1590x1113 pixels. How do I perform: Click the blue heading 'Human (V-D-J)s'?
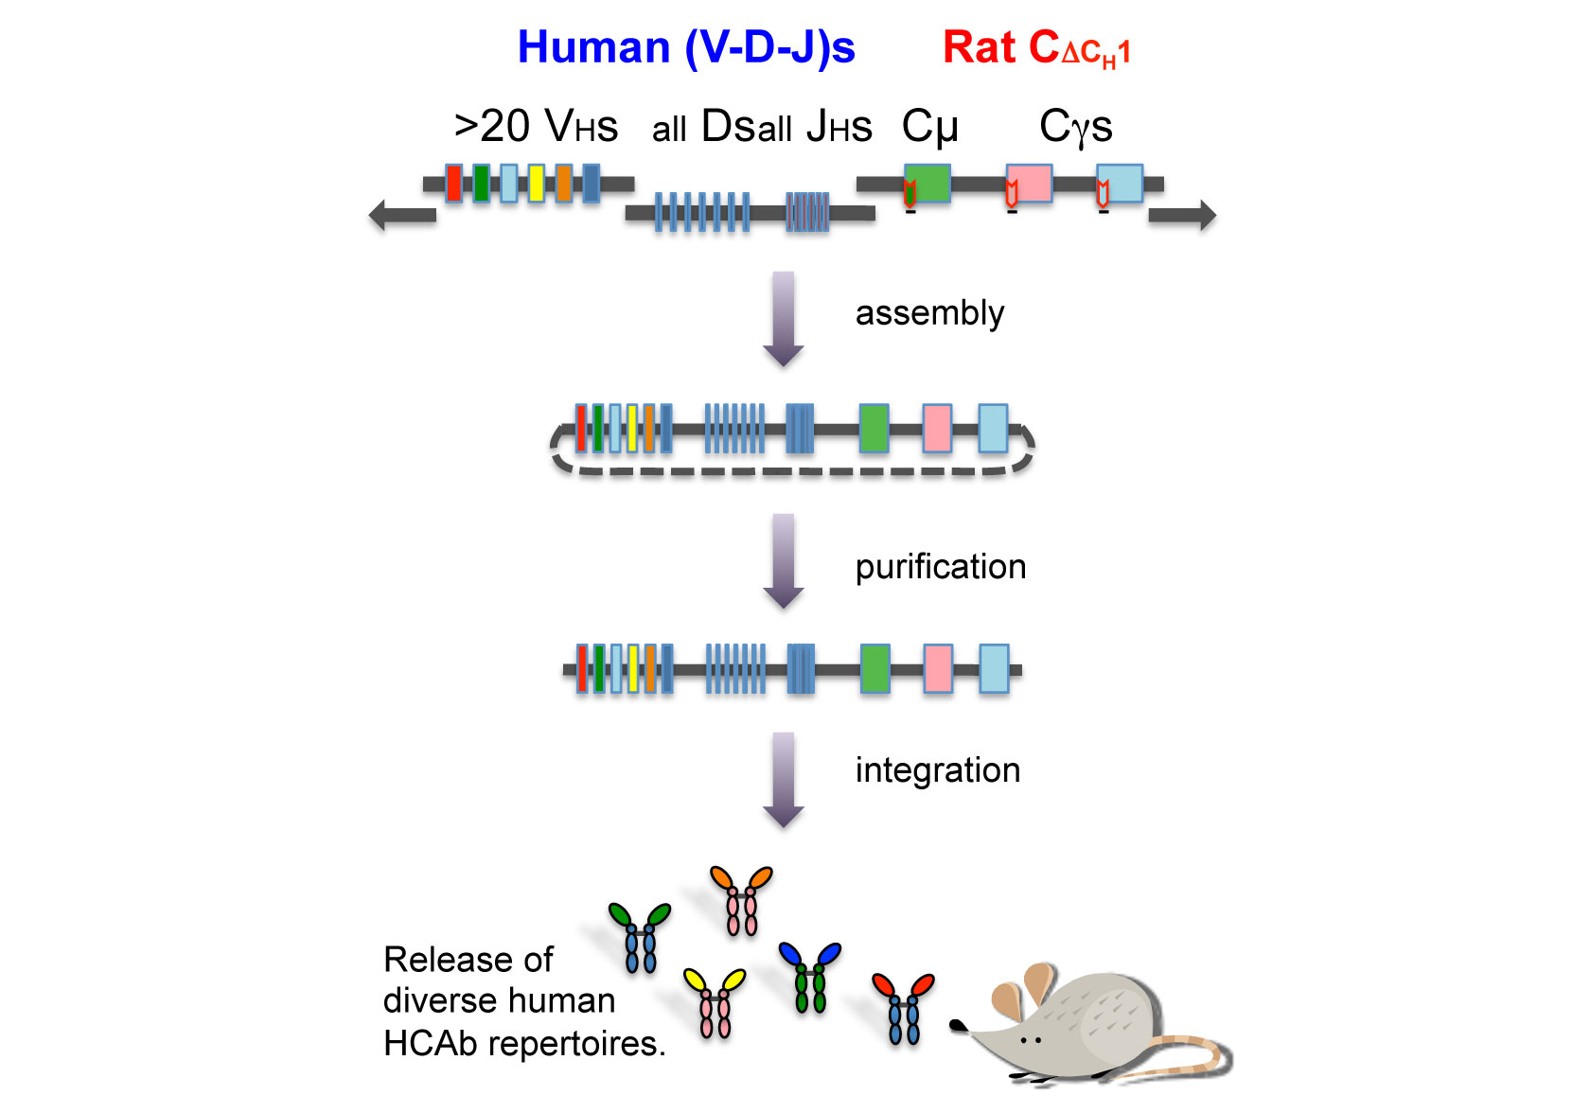(x=685, y=47)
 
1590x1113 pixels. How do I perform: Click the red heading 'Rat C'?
(x=1035, y=48)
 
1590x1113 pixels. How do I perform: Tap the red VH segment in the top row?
(x=454, y=183)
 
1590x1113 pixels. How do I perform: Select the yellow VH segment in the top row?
(x=536, y=183)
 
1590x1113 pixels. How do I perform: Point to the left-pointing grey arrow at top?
(x=402, y=215)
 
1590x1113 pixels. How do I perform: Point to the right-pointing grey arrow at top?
(x=1182, y=215)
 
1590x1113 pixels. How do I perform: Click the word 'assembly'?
(x=929, y=313)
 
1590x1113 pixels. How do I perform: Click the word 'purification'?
(x=940, y=567)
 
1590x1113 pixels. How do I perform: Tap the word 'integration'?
(x=937, y=770)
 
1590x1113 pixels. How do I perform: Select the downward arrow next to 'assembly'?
(x=784, y=319)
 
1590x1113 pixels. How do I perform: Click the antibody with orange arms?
(x=741, y=899)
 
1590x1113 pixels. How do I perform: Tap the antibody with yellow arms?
(x=715, y=1002)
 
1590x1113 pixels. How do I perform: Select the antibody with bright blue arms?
(x=809, y=976)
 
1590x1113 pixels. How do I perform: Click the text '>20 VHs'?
(x=536, y=127)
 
